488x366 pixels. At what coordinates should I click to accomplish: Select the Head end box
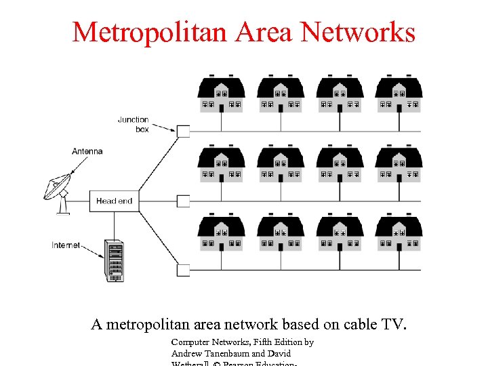point(114,201)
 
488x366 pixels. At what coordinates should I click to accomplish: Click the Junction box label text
point(134,124)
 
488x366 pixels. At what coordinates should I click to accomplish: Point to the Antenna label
point(87,151)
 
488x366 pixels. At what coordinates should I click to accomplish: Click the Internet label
point(66,245)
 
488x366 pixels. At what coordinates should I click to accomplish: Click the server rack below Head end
point(114,260)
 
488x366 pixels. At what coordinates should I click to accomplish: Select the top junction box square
point(183,131)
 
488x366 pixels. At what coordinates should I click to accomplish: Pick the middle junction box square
point(183,201)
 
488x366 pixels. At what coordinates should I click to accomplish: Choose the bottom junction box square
point(183,270)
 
